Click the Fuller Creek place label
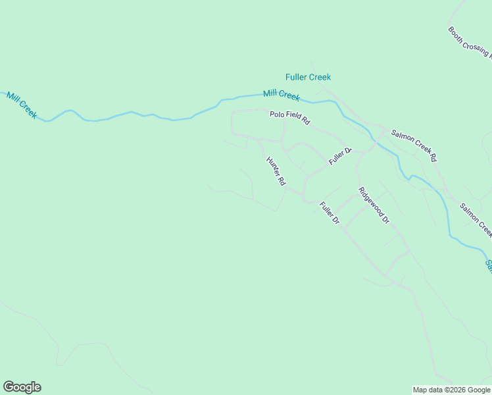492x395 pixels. (308, 77)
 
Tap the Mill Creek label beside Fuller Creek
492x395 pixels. (282, 95)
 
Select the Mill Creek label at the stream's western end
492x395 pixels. (22, 105)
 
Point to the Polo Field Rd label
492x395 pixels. (289, 118)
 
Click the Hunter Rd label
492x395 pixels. (276, 171)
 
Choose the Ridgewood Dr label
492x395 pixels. (374, 205)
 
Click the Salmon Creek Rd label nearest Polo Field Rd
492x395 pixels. (413, 145)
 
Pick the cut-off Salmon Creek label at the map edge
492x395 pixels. (489, 265)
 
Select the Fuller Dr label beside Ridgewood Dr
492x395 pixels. (329, 213)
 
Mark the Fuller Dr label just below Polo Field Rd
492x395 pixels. (341, 156)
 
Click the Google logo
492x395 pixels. (22, 387)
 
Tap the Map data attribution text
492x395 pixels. (452, 390)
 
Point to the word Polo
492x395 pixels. (276, 115)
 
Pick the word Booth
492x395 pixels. (455, 33)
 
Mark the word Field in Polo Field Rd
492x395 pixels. (292, 118)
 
